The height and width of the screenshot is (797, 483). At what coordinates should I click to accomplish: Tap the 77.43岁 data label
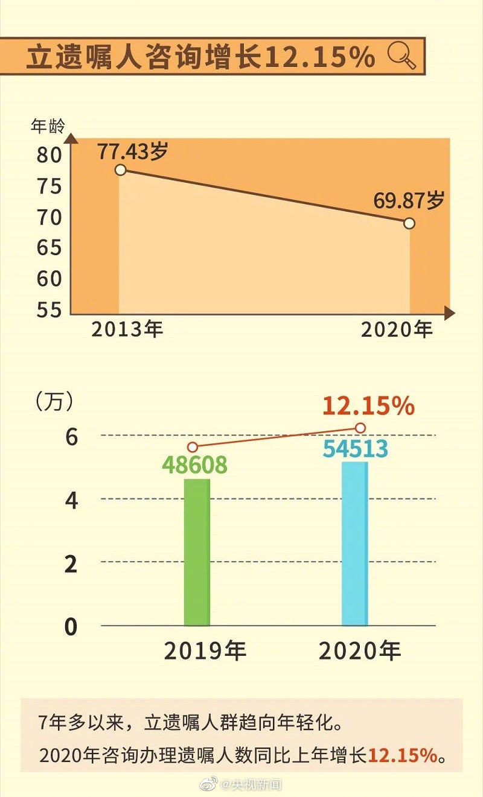point(132,151)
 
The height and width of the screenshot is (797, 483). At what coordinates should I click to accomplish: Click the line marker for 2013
point(120,170)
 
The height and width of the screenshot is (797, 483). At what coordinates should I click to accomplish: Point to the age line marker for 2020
point(409,223)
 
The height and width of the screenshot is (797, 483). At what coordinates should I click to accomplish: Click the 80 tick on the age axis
point(48,155)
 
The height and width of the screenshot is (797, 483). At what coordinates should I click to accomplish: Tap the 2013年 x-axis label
point(127,330)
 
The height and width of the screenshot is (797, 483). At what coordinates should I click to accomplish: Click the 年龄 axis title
point(47,127)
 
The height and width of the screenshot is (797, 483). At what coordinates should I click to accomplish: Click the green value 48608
point(194,465)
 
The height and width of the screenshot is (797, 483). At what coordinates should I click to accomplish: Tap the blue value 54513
point(355,449)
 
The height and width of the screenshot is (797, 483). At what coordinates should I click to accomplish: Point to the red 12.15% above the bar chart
point(368,406)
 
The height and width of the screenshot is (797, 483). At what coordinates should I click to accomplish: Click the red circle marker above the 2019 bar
point(192,447)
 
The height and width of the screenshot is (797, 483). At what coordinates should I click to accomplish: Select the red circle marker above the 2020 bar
point(360,428)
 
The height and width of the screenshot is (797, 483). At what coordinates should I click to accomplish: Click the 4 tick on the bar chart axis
point(71,501)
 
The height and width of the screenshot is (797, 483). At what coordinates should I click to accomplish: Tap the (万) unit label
point(54,400)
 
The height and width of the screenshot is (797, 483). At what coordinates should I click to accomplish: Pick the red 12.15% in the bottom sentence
point(402,755)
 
